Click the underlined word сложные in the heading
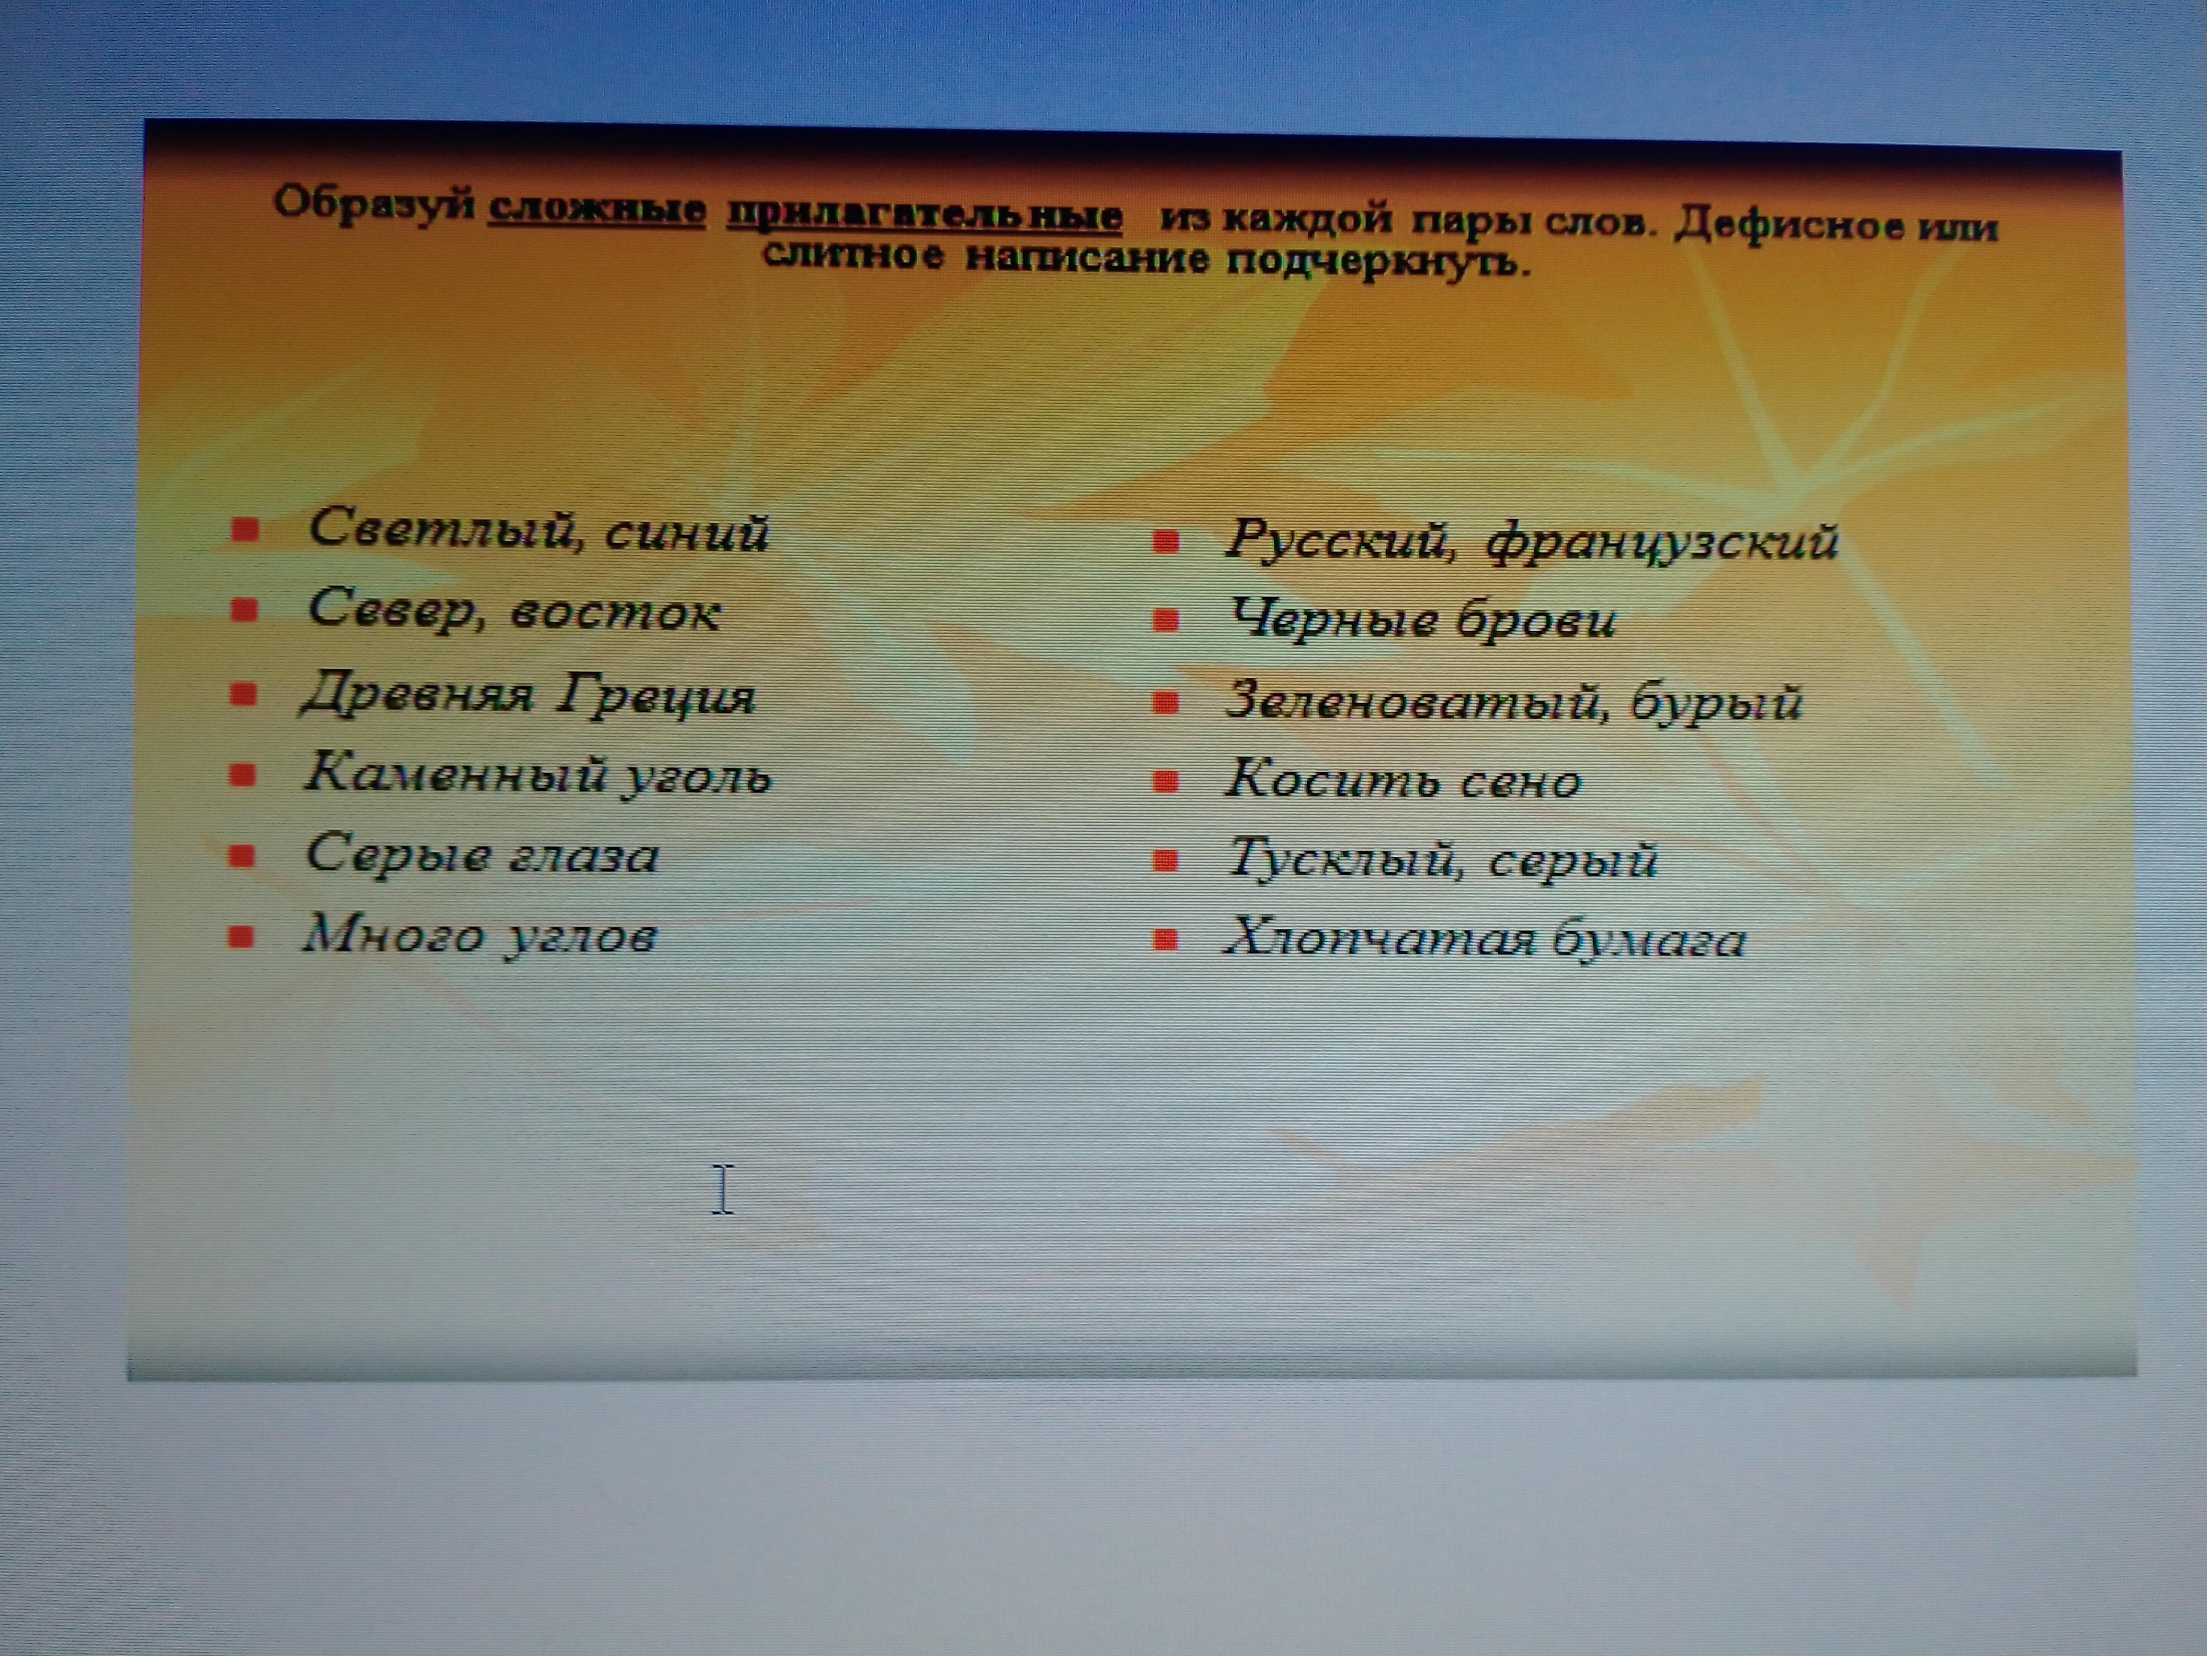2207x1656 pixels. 597,210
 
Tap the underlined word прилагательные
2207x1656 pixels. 925,214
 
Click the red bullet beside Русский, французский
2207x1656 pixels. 1166,542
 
